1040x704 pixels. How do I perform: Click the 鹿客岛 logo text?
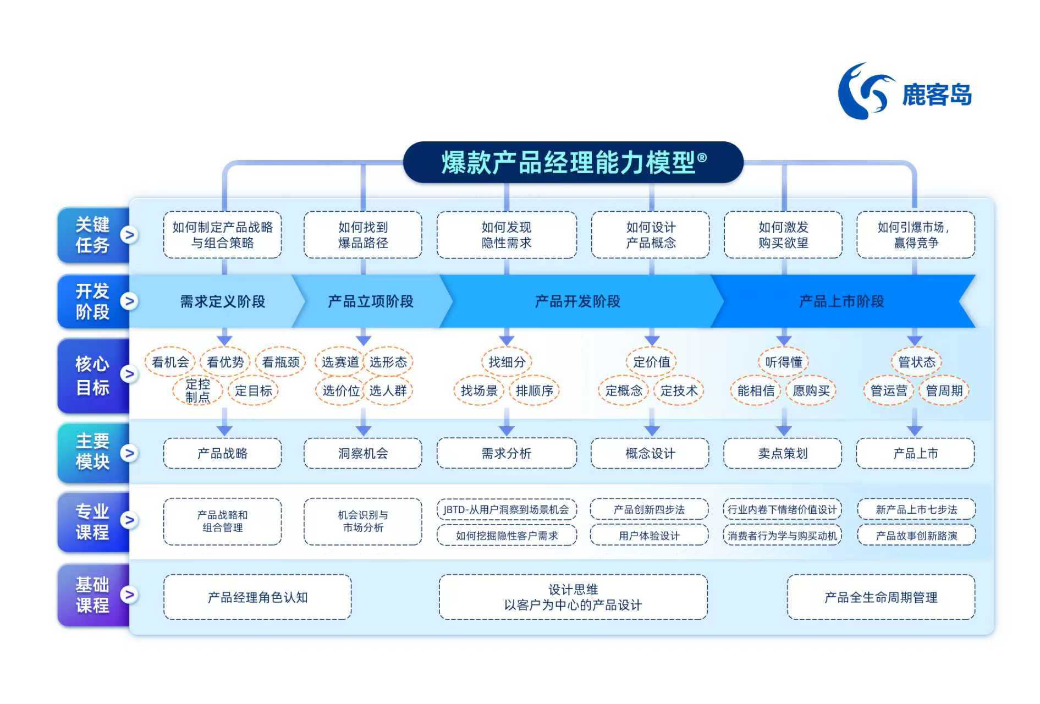[x=936, y=95]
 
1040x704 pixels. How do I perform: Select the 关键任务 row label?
[x=92, y=235]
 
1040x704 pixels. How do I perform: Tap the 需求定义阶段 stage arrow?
[x=222, y=301]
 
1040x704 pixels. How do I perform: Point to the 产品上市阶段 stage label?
[x=841, y=301]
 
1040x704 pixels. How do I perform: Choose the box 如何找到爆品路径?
[x=362, y=235]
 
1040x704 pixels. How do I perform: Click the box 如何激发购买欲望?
[x=783, y=235]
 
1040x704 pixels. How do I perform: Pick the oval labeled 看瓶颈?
[x=280, y=362]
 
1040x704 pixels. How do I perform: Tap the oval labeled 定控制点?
[x=197, y=391]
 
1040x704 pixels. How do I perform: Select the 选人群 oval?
[x=388, y=391]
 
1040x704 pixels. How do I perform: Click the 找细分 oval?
[x=507, y=362]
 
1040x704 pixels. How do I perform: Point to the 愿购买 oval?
[x=811, y=391]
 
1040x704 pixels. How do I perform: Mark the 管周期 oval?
[x=944, y=391]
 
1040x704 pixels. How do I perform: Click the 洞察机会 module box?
[x=362, y=453]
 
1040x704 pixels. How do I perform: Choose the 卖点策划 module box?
[x=782, y=453]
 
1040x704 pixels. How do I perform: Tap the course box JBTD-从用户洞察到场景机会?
[x=506, y=510]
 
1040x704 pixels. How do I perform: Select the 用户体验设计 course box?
[x=649, y=535]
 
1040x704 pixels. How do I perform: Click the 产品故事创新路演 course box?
[x=916, y=535]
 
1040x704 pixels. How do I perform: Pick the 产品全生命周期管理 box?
[x=881, y=597]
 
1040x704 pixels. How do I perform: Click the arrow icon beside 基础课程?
[x=129, y=595]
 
